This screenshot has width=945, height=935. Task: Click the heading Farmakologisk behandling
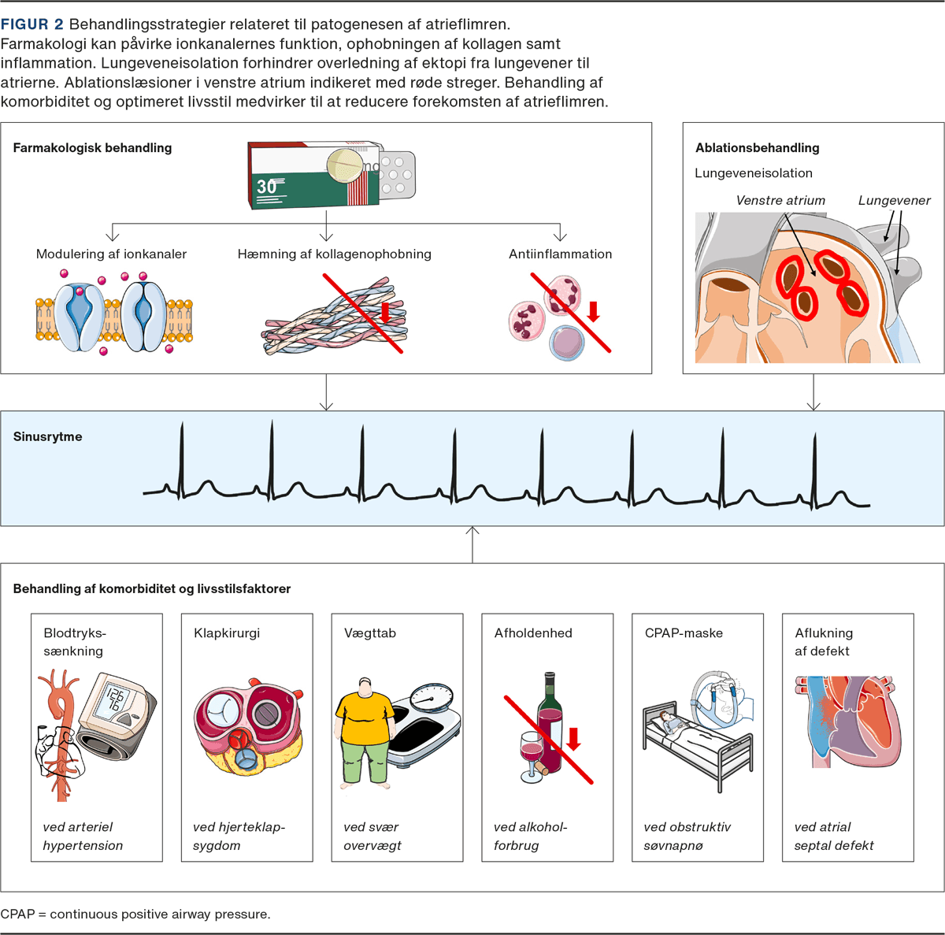click(92, 148)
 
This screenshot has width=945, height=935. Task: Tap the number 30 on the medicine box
click(266, 187)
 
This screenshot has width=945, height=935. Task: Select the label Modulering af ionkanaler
click(111, 254)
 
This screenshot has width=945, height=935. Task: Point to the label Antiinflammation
click(560, 254)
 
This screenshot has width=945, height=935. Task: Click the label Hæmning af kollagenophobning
click(334, 254)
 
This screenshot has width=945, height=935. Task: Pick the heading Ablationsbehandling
click(757, 148)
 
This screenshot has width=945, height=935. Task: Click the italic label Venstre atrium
click(780, 201)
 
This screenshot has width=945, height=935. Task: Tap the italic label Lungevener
click(894, 201)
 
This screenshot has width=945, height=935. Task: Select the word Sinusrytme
click(47, 437)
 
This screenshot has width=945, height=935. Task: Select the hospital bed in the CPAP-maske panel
click(693, 744)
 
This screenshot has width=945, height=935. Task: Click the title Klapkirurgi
click(227, 633)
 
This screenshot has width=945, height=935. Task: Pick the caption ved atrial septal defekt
click(834, 837)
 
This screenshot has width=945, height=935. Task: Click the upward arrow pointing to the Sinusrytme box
click(472, 544)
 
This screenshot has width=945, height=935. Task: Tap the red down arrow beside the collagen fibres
click(385, 313)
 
